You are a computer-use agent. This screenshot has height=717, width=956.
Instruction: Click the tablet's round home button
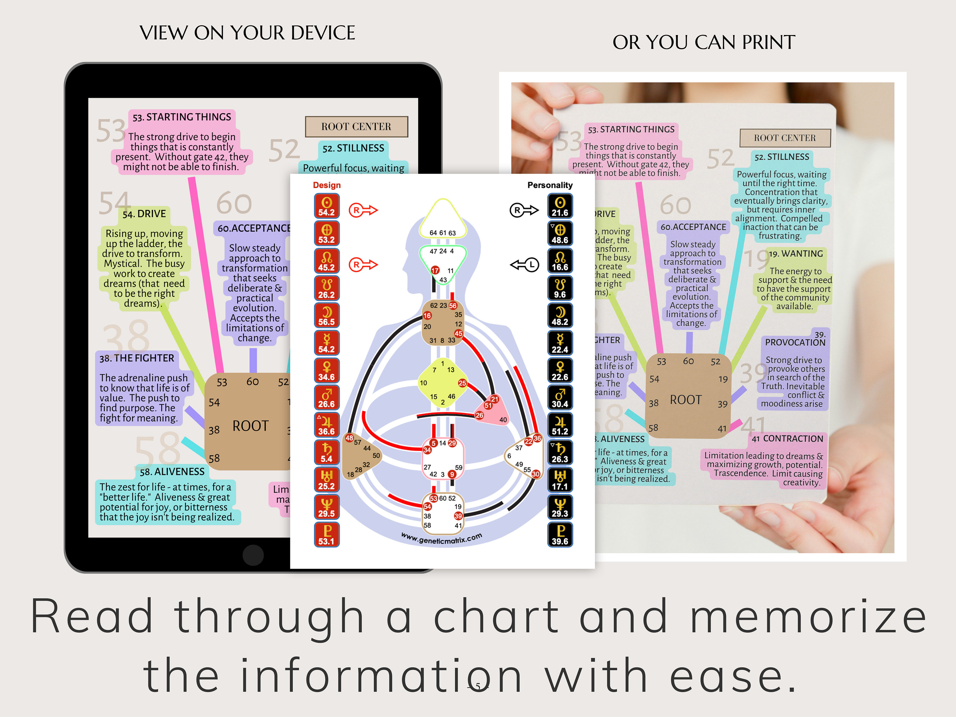[253, 555]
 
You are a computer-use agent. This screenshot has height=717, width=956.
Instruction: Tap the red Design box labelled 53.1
[326, 535]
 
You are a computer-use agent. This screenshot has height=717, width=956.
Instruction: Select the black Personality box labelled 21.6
[560, 206]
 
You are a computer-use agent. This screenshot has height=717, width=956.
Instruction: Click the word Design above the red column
[327, 185]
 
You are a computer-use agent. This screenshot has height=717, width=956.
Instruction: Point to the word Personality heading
[550, 185]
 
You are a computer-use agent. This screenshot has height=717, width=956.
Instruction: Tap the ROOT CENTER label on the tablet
[356, 127]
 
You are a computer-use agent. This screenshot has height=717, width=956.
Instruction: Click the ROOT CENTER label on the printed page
[785, 138]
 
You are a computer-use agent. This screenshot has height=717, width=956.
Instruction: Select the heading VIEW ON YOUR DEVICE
[247, 33]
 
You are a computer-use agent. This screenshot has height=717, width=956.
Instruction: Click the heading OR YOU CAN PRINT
[704, 42]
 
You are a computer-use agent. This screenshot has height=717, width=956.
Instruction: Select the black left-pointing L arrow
[525, 264]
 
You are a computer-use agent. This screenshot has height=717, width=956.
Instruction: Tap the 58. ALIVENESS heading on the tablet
[172, 472]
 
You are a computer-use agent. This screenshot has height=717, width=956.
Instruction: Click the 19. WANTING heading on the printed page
[796, 254]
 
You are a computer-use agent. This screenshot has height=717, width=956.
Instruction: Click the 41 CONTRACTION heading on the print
[787, 439]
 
